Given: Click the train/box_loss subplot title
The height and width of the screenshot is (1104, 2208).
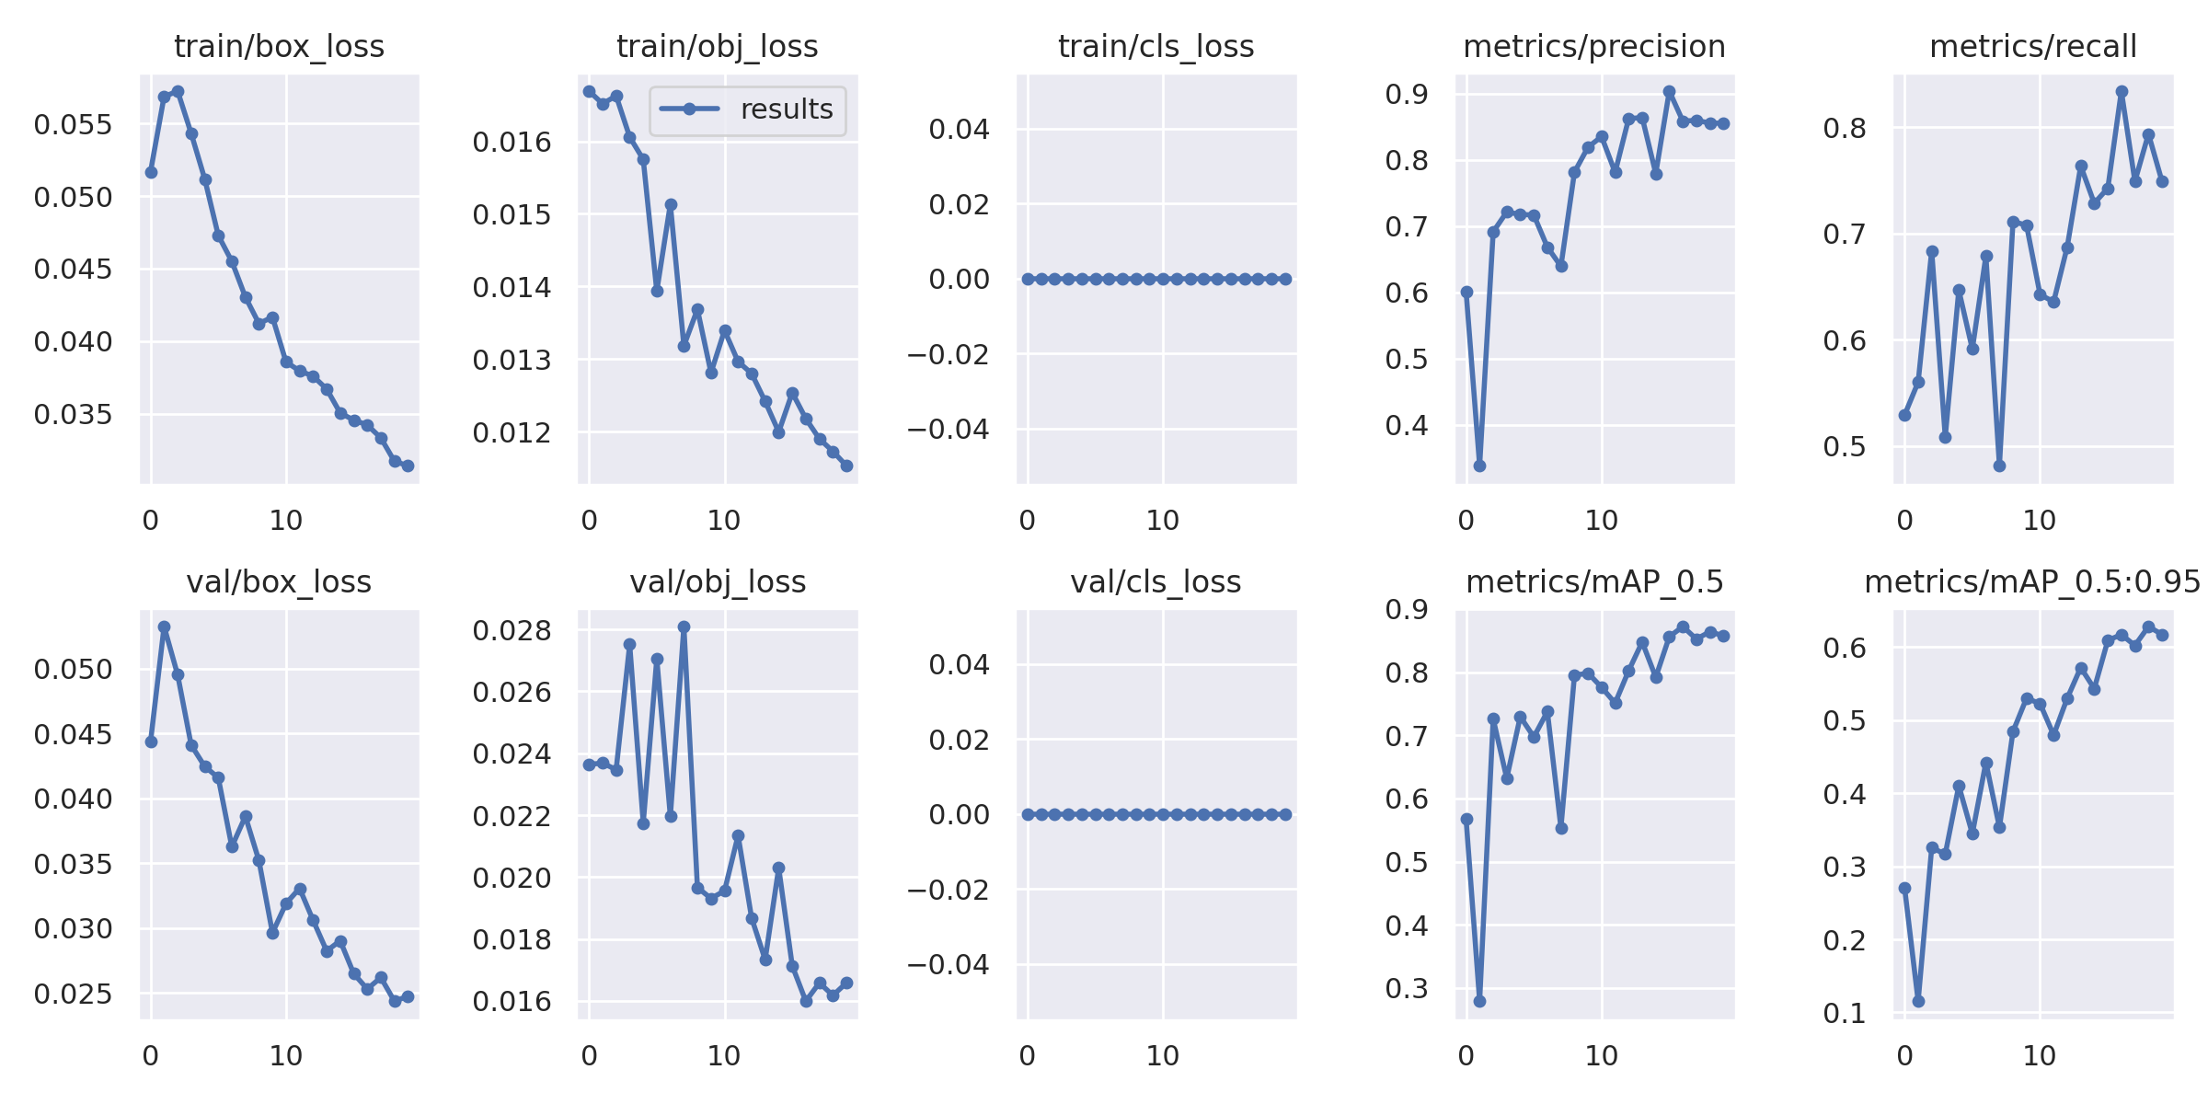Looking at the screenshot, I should tap(279, 46).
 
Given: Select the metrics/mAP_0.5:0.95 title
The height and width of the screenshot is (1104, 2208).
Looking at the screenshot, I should tap(2032, 581).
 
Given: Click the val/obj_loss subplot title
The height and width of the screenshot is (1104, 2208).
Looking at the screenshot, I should tap(718, 581).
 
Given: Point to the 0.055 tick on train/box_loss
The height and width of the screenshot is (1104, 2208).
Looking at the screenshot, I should tap(73, 124).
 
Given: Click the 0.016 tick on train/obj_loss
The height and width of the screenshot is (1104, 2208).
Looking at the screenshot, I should tap(512, 142).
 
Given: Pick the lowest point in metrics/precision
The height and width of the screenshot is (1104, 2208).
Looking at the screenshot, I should tap(1479, 466).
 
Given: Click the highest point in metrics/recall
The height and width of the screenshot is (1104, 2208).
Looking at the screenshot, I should tap(2122, 92).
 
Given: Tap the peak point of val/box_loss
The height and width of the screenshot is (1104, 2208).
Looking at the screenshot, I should tap(165, 627).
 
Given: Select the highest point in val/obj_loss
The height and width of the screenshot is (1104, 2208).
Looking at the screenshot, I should tap(684, 627).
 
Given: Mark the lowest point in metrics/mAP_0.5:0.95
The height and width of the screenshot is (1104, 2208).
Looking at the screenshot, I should tap(1918, 1001).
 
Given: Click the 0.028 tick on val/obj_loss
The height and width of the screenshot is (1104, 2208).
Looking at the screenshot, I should tap(512, 630).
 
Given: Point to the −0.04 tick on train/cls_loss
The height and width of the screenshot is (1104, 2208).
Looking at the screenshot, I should tap(949, 429).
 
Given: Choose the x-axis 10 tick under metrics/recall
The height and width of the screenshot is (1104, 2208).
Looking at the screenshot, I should tap(2040, 521).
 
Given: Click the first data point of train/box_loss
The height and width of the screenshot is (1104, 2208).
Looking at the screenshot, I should tap(151, 172).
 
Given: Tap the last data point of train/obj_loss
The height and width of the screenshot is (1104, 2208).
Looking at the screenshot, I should tap(846, 466).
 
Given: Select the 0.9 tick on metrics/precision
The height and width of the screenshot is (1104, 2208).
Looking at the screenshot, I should tap(1407, 94).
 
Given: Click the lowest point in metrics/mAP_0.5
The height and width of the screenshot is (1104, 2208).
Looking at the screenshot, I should tap(1479, 1001).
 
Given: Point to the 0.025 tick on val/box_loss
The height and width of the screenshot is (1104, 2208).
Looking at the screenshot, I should tap(73, 994).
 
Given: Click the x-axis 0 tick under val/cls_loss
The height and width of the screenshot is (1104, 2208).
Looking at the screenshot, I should tap(1028, 1056).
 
